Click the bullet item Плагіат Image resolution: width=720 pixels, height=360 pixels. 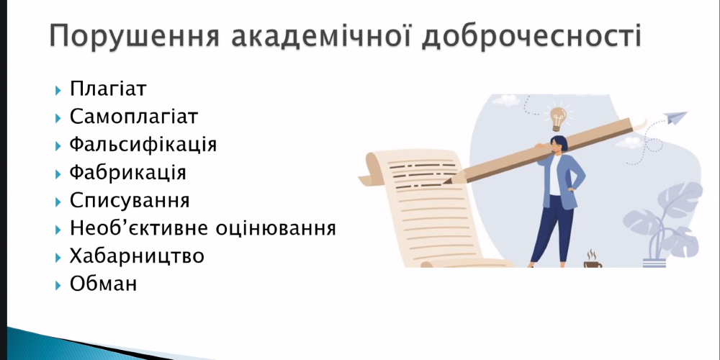coord(108,89)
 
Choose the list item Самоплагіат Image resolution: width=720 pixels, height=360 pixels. coord(133,117)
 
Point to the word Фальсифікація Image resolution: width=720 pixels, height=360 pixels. coord(143,145)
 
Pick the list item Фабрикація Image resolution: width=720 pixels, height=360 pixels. coord(128,173)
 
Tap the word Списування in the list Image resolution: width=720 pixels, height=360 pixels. coord(130,200)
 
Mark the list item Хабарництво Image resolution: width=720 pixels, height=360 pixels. coord(137,256)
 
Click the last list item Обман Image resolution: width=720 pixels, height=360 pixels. coord(103,284)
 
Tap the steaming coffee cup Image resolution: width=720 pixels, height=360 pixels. coord(592,262)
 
